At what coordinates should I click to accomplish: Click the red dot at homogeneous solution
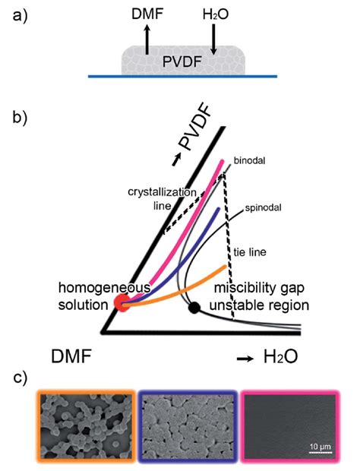[x=122, y=302]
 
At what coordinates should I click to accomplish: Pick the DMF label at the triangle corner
[x=76, y=356]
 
